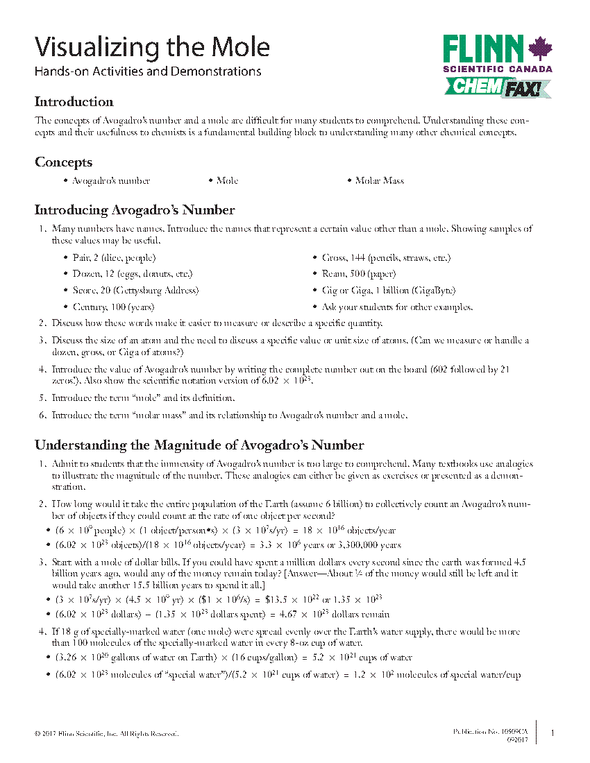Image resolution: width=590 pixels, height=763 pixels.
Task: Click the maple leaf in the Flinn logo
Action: [x=539, y=49]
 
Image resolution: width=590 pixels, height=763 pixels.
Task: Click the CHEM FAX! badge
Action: [x=497, y=87]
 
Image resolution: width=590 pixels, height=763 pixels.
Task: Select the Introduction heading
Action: [x=74, y=102]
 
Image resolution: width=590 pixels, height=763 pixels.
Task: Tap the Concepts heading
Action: [x=64, y=162]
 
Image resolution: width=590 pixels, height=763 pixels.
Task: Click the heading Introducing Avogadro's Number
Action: [x=135, y=210]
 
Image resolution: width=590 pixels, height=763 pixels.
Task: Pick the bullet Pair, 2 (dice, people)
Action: [x=114, y=258]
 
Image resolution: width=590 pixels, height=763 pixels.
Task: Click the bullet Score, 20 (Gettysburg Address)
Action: [x=135, y=291]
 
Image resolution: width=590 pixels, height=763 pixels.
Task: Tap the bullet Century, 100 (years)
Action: [x=113, y=307]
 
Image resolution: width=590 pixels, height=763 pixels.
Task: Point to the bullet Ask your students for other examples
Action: [x=397, y=307]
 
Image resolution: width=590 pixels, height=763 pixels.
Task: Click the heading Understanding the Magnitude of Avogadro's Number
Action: [x=199, y=445]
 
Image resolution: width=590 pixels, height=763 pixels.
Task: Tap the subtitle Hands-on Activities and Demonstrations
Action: [x=148, y=71]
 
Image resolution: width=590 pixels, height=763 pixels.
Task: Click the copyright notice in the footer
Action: [x=106, y=733]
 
